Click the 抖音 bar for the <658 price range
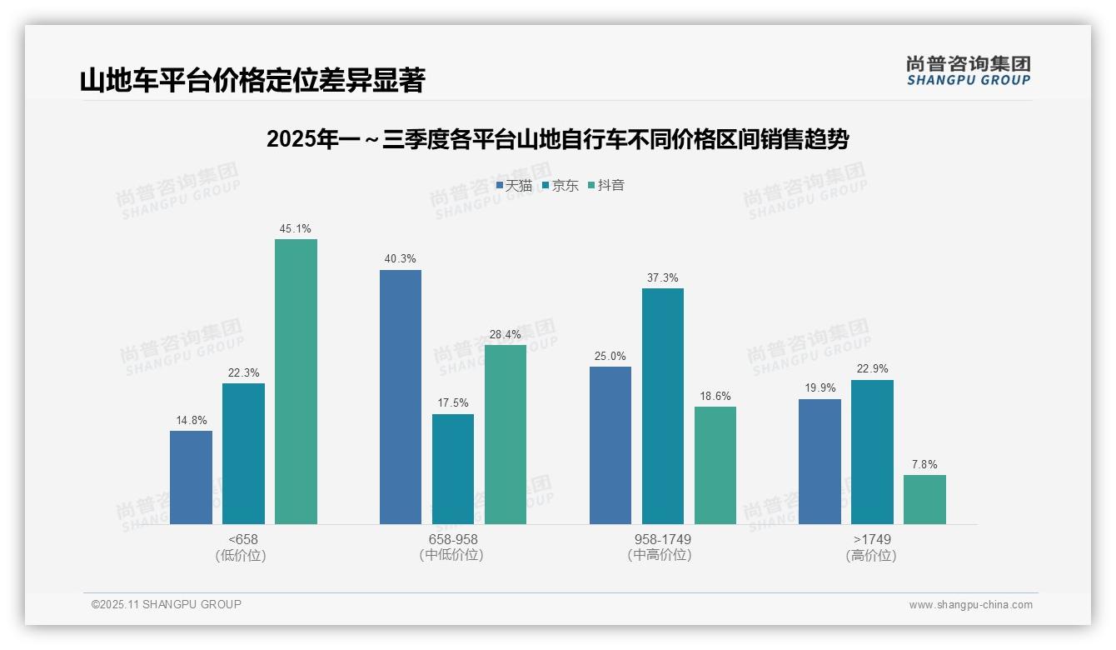click(296, 382)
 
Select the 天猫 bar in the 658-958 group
click(401, 397)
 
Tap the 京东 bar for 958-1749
click(663, 406)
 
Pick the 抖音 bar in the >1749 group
click(924, 499)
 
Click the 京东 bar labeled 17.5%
click(453, 468)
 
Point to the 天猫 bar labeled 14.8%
click(191, 477)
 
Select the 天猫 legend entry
click(514, 185)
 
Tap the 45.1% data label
click(296, 229)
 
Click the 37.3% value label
click(663, 278)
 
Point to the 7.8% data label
click(924, 465)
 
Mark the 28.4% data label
click(506, 335)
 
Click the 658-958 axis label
click(453, 539)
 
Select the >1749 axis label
click(872, 539)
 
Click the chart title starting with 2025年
click(557, 140)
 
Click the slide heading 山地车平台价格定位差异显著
click(252, 81)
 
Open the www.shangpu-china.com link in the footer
click(970, 605)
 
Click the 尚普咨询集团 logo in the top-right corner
click(969, 70)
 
